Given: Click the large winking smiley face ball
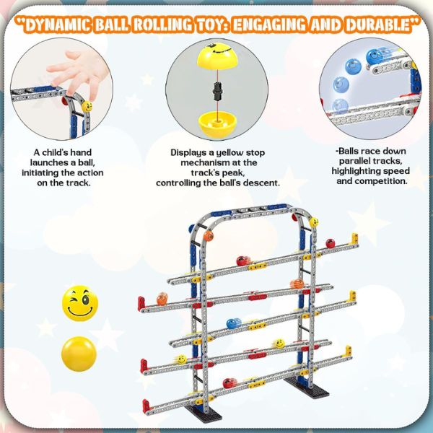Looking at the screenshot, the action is pos(80,303).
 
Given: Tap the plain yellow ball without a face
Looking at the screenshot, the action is pos(79,354).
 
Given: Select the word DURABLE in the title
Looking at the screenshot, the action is pos(382,25).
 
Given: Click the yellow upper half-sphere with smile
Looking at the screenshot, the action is pos(217,56).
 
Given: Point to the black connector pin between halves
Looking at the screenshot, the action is pos(217,91).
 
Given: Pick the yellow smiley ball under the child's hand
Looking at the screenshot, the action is pos(87,106).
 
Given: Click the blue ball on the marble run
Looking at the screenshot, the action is pos(234,323).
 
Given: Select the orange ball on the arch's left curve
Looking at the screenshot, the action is pos(209,236).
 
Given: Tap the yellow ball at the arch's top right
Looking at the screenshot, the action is pos(314,222).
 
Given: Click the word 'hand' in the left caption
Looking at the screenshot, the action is pos(81,152).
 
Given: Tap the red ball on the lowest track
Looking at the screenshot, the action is pos(229,383).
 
